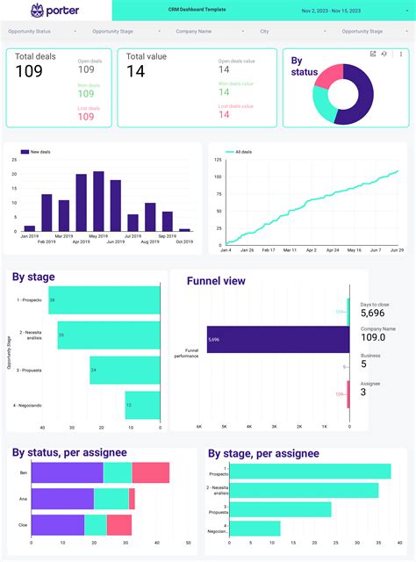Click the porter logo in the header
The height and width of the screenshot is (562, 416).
pyautogui.click(x=54, y=11)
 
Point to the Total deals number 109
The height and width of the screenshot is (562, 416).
pyautogui.click(x=29, y=72)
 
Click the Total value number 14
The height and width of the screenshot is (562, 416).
pyautogui.click(x=135, y=72)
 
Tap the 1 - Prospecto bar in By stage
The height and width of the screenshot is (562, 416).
pyautogui.click(x=104, y=300)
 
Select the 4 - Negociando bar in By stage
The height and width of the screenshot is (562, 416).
pyautogui.click(x=142, y=405)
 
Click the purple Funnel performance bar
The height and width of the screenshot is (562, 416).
pyautogui.click(x=276, y=339)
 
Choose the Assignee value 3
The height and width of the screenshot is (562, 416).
pyautogui.click(x=364, y=392)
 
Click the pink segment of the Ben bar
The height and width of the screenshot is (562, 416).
pyautogui.click(x=150, y=472)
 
